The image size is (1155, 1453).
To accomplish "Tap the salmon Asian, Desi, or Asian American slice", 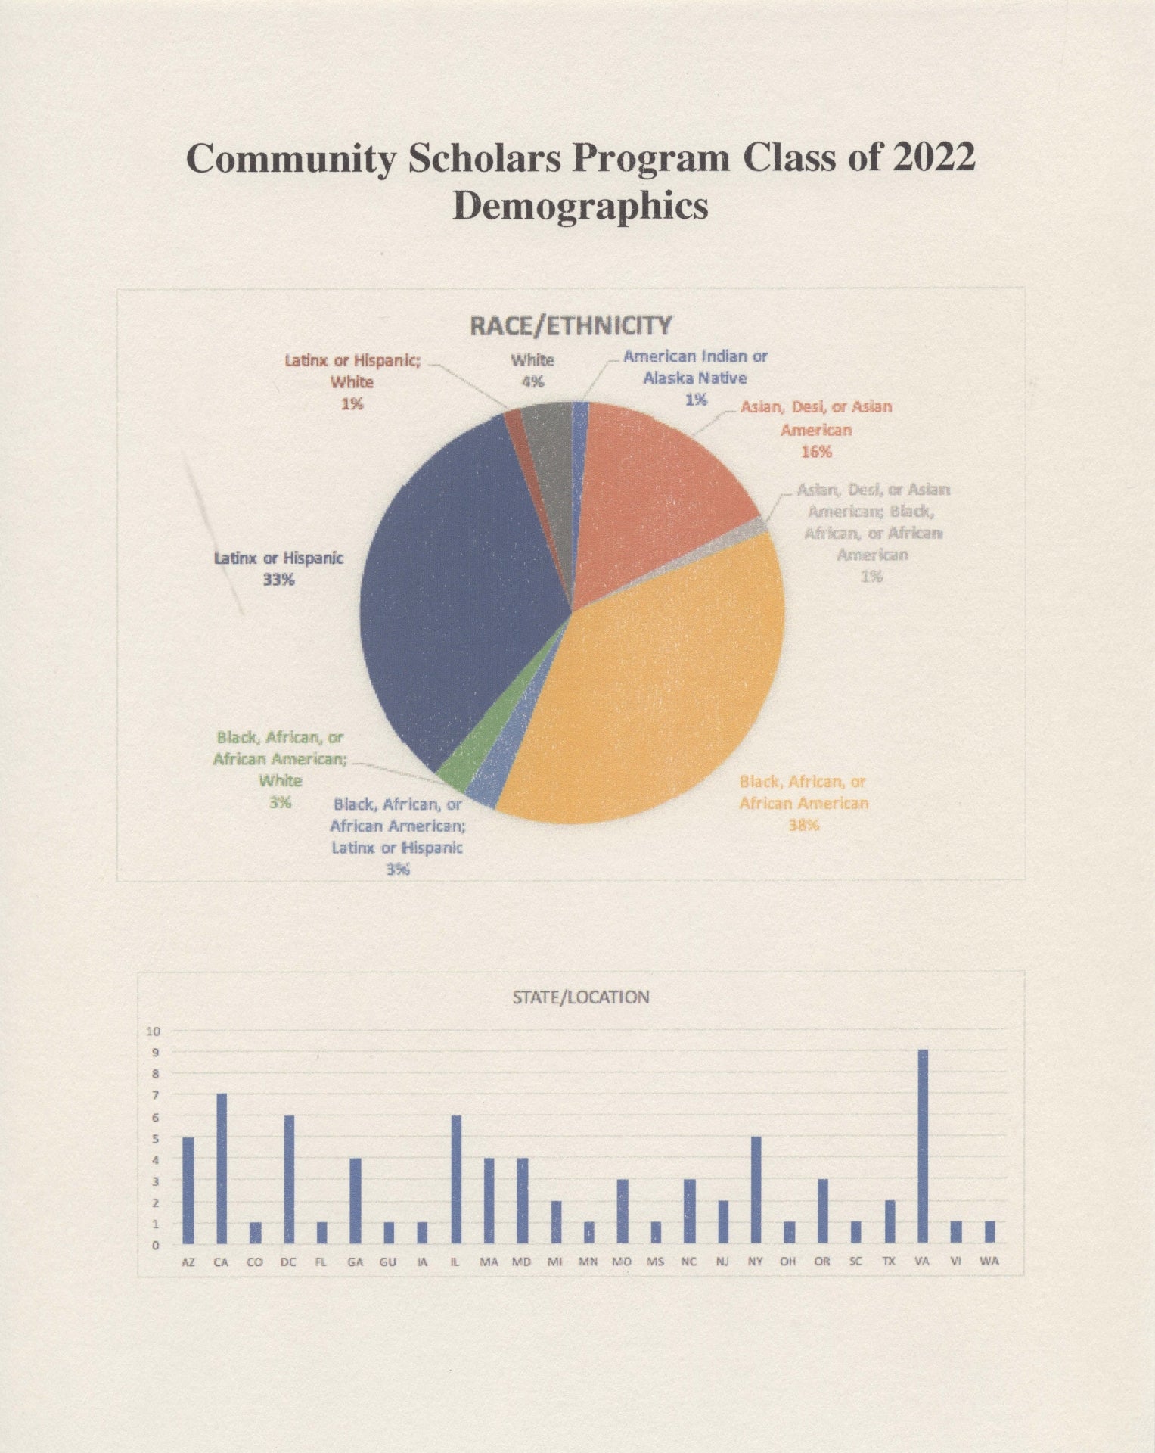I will [658, 484].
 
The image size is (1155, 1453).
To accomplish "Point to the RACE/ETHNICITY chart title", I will [570, 326].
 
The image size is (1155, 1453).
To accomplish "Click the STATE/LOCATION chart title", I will [581, 997].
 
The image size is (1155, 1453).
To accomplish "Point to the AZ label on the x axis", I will [188, 1262].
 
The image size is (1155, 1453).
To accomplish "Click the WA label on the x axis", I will [989, 1262].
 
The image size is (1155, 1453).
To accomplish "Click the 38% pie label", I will [803, 825].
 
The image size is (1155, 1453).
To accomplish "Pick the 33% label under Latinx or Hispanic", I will [278, 580].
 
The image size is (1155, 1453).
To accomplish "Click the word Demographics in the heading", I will [580, 206].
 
